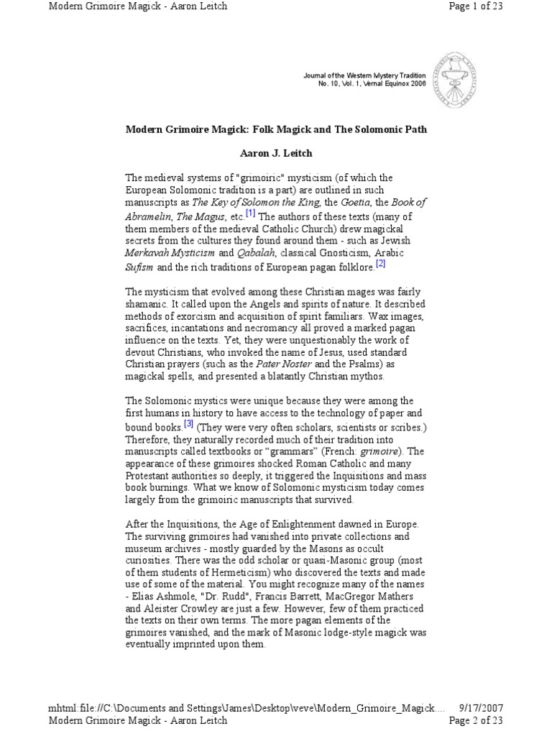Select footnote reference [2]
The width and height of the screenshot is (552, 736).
click(380, 264)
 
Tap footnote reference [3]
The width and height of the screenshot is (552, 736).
click(188, 423)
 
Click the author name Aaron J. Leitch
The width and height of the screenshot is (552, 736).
click(275, 153)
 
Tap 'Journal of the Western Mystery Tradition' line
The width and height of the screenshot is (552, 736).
click(364, 75)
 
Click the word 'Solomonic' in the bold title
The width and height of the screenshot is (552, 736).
click(367, 129)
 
